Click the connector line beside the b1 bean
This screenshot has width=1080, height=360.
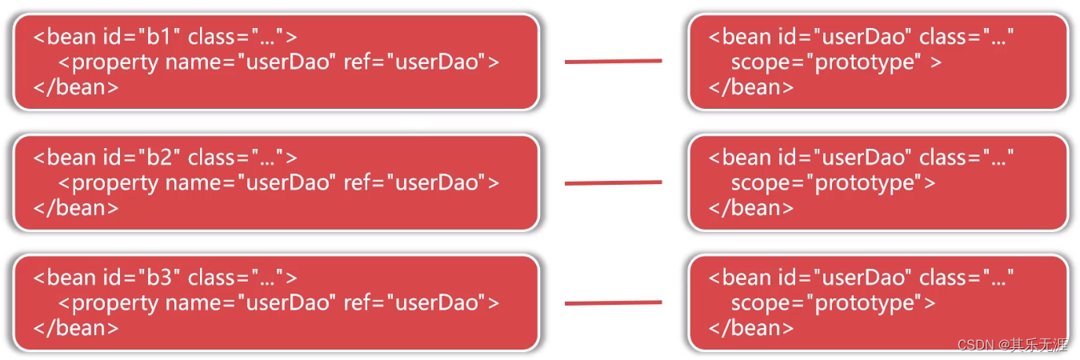(x=613, y=61)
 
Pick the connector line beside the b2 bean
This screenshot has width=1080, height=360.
(x=613, y=183)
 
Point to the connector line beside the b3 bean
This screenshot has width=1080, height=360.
(x=613, y=303)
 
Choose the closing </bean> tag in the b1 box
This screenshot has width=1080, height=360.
(x=76, y=87)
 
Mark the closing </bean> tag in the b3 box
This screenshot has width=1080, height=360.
(x=76, y=328)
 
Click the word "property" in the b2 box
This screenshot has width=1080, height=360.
(x=115, y=183)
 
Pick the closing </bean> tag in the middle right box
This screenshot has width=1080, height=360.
(x=751, y=208)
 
